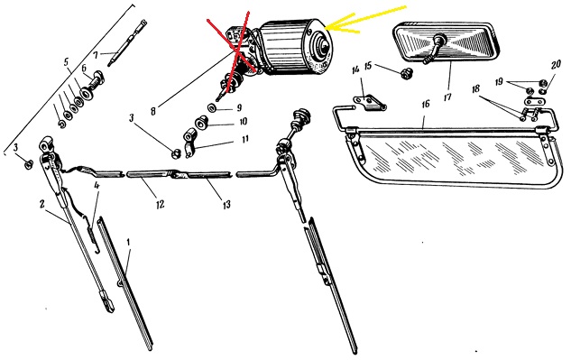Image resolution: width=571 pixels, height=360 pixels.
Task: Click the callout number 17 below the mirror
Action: point(447,97)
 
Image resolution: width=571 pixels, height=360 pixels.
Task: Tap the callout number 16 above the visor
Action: point(426,105)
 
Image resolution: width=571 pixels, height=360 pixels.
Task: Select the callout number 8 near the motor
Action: point(153,111)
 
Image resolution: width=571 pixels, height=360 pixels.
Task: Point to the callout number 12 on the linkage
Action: point(160,204)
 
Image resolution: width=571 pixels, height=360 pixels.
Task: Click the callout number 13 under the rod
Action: point(226,205)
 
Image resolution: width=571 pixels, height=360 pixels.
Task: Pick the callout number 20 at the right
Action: point(556,65)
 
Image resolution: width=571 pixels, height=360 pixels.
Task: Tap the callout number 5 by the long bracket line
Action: point(66,61)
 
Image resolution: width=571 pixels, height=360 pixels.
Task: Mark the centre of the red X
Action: point(238,51)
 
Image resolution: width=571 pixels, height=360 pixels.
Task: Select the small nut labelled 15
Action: point(404,74)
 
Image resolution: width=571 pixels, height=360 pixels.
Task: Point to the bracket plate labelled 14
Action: point(369,102)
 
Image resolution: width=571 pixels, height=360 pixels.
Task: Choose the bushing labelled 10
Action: point(200,123)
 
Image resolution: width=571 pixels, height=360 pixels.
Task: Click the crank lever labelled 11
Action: point(189,143)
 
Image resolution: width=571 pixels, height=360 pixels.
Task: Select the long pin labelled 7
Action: point(127,43)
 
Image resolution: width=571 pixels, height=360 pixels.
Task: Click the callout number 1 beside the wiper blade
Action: point(128,243)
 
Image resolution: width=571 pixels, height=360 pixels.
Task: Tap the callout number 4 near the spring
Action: point(97,186)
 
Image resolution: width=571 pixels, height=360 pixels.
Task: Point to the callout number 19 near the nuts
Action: point(499,81)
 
